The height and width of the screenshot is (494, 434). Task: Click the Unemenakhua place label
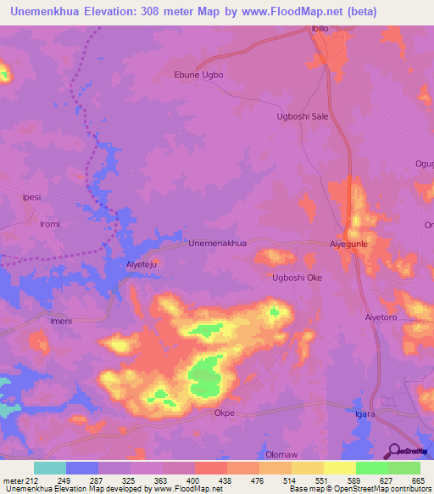217,243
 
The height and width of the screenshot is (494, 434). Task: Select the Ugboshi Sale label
303,116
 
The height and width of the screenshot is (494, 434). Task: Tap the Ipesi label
31,197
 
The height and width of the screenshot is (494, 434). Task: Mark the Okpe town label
224,413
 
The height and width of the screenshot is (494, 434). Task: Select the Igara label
364,413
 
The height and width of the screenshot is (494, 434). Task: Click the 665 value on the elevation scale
418,480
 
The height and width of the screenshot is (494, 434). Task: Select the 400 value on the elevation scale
194,480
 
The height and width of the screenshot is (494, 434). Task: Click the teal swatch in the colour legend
50,468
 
